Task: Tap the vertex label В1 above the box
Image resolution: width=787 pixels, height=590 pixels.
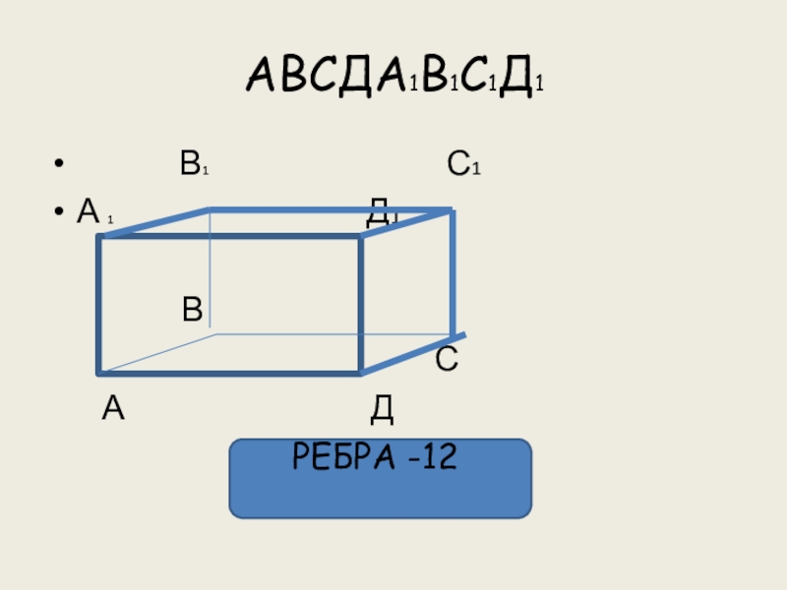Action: click(193, 165)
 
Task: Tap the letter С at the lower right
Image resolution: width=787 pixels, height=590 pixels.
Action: click(447, 360)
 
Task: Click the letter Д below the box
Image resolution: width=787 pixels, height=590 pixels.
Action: click(383, 408)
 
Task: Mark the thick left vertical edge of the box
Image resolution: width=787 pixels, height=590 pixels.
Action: click(99, 305)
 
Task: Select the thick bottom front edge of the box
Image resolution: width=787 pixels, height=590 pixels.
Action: click(230, 374)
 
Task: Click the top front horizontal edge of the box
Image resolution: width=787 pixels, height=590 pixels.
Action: click(230, 236)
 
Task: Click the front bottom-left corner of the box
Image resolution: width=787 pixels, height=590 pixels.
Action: click(100, 374)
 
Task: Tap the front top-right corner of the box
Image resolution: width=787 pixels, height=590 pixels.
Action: click(361, 236)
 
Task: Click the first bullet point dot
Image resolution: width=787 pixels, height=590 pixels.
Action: click(61, 165)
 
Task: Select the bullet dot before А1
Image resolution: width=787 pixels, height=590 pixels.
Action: click(61, 211)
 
